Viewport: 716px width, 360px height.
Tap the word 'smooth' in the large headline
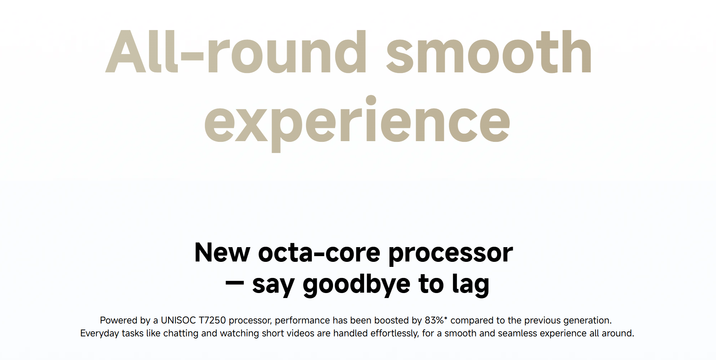[489, 52]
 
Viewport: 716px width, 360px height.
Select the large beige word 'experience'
[357, 124]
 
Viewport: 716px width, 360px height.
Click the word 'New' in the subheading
[222, 253]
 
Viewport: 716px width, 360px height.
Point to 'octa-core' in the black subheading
[319, 253]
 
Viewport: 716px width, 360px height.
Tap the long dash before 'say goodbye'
[235, 283]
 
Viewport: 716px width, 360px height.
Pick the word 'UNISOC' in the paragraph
[178, 320]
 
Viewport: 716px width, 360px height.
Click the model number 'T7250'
[212, 320]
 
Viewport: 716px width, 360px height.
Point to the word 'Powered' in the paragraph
[119, 320]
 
